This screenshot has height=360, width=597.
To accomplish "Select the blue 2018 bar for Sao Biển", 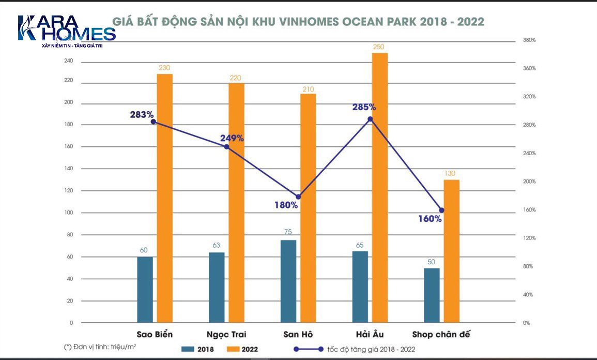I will [145, 290].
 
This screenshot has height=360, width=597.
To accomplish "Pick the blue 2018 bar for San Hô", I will [288, 281].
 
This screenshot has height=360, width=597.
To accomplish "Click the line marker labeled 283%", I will [154, 122].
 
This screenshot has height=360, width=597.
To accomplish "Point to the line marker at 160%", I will [441, 211].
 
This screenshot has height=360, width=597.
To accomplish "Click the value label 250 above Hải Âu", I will [379, 47].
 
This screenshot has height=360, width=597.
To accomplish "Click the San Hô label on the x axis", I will [298, 334].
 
